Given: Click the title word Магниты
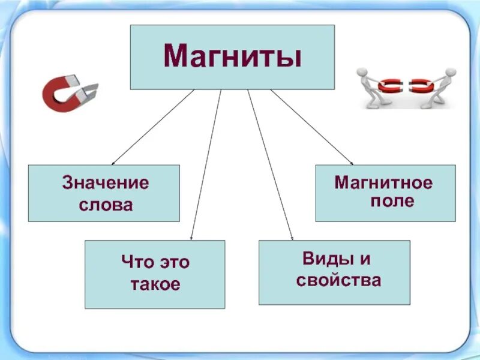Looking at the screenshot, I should click(x=232, y=57).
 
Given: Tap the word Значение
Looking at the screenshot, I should click(x=105, y=182).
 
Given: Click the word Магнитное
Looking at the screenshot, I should click(x=383, y=182).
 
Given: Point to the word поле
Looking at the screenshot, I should click(x=392, y=202).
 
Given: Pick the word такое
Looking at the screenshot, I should click(x=155, y=284).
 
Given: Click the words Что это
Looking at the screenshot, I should click(x=155, y=262).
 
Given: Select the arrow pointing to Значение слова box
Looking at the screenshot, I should click(x=153, y=127).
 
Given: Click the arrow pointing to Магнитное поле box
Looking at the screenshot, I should click(x=312, y=127).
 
